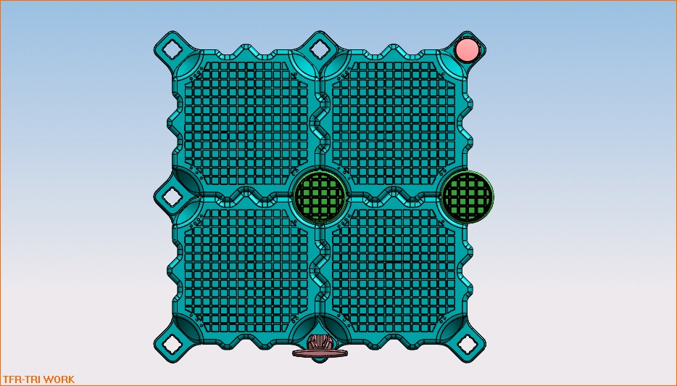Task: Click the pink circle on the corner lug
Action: tap(468, 49)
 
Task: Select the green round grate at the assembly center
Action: tap(320, 197)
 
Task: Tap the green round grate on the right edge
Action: tap(468, 197)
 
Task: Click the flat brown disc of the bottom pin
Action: tap(320, 353)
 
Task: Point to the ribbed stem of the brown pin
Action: tap(320, 342)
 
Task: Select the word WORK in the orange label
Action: tap(59, 379)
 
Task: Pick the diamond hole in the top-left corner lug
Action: tap(173, 49)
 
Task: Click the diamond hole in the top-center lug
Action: tap(320, 49)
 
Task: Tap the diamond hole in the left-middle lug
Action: tap(173, 197)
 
